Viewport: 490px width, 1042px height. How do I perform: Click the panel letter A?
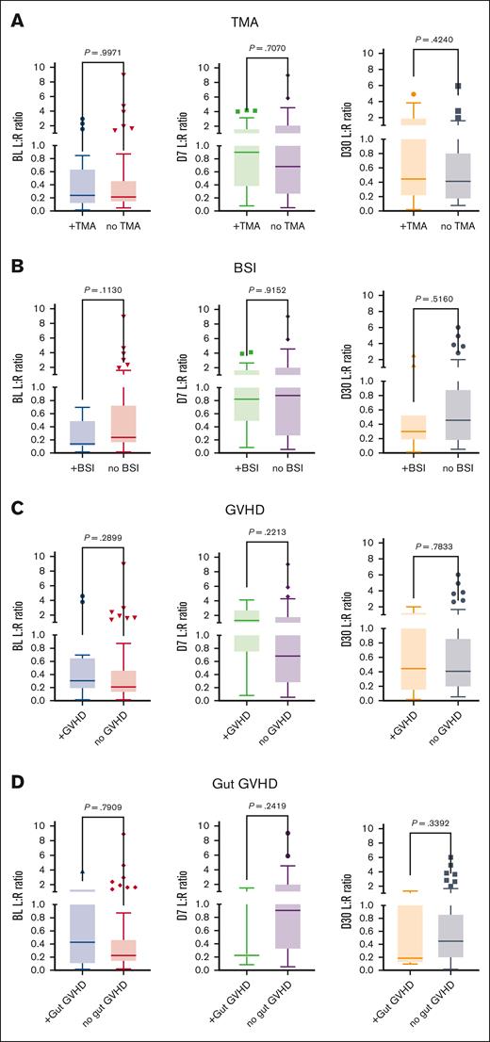tap(17, 19)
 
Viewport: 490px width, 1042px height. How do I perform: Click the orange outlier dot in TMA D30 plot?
tap(387, 94)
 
